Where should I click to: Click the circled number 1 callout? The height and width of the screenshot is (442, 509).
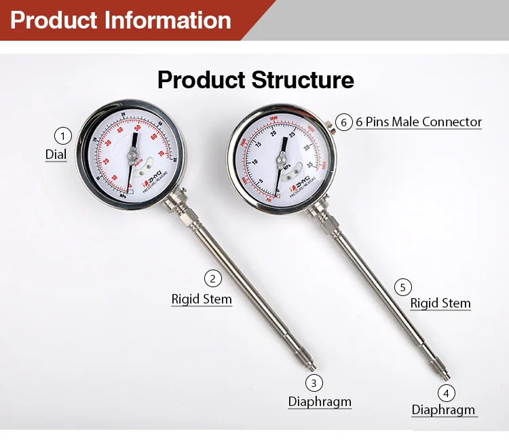[x=62, y=136]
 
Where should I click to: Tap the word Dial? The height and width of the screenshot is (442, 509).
[x=56, y=155]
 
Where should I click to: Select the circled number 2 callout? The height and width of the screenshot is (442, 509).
[x=212, y=278]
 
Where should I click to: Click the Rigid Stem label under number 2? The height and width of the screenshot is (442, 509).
[x=202, y=299]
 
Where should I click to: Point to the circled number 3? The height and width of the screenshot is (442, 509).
[x=312, y=383]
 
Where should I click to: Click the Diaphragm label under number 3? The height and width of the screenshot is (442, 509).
[x=320, y=402]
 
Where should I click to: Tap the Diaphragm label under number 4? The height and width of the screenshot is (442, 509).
[x=444, y=411]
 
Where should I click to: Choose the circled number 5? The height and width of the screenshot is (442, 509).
[x=402, y=288]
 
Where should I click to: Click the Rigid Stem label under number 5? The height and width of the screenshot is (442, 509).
[x=440, y=303]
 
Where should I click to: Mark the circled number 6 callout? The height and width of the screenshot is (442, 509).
[x=344, y=122]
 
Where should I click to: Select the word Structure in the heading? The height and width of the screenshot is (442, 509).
[x=303, y=80]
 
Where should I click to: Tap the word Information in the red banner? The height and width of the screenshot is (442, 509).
[x=168, y=20]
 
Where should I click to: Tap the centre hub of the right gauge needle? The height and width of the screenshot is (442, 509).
[x=280, y=161]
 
